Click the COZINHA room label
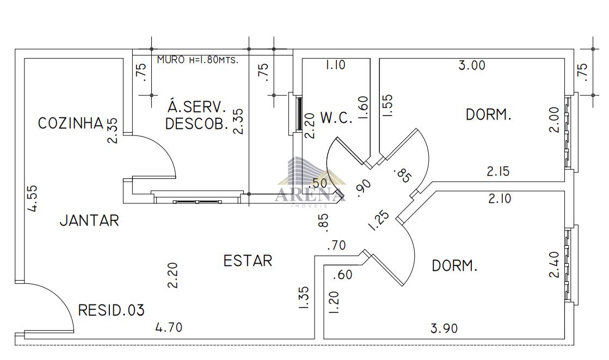pyautogui.click(x=71, y=123)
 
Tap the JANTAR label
pyautogui.click(x=89, y=220)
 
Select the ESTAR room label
pyautogui.click(x=248, y=260)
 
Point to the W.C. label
pyautogui.click(x=336, y=117)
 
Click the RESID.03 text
pyautogui.click(x=112, y=311)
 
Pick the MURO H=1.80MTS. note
pyautogui.click(x=198, y=60)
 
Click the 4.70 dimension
pyautogui.click(x=169, y=327)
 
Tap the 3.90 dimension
pyautogui.click(x=444, y=328)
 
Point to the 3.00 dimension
pyautogui.click(x=472, y=65)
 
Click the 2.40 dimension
pyautogui.click(x=554, y=265)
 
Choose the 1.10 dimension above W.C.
pyautogui.click(x=335, y=64)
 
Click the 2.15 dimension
pyautogui.click(x=499, y=171)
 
